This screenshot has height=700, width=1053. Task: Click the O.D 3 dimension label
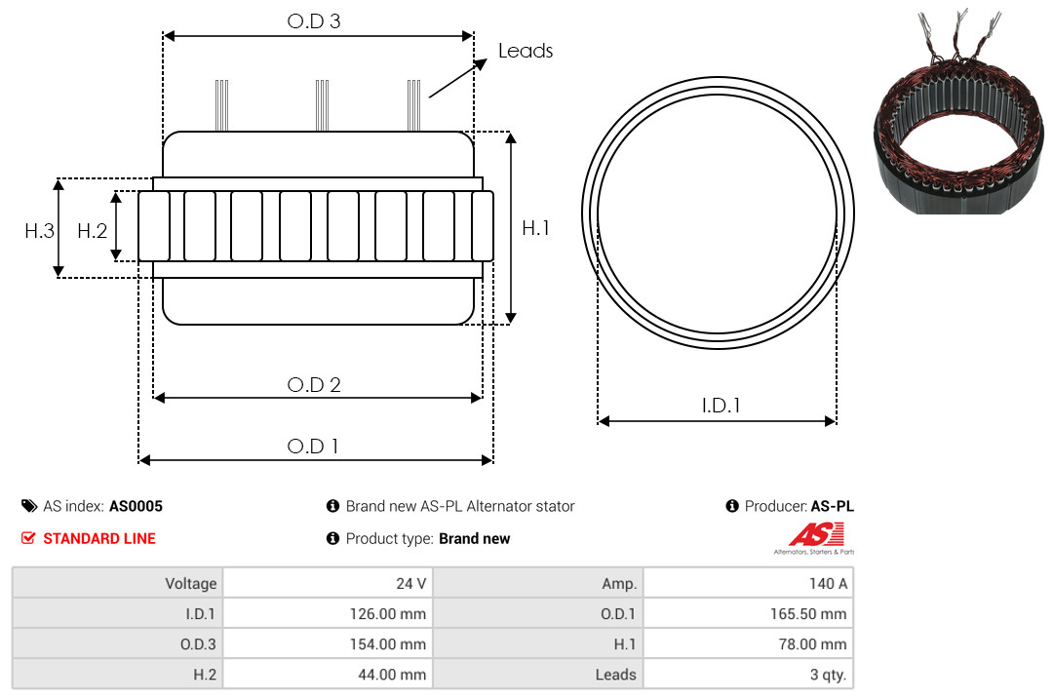click(314, 20)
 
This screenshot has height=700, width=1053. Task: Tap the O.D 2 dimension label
click(314, 385)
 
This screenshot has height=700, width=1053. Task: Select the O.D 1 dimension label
click(313, 447)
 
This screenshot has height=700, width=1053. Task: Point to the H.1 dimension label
click(536, 228)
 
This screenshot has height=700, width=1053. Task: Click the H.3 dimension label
click(40, 231)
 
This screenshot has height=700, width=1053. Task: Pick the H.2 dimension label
click(92, 231)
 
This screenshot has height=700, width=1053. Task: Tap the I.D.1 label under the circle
click(721, 406)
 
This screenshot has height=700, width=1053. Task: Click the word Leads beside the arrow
click(526, 51)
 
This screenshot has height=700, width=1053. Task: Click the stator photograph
click(958, 113)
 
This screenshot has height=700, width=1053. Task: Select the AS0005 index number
click(136, 507)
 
